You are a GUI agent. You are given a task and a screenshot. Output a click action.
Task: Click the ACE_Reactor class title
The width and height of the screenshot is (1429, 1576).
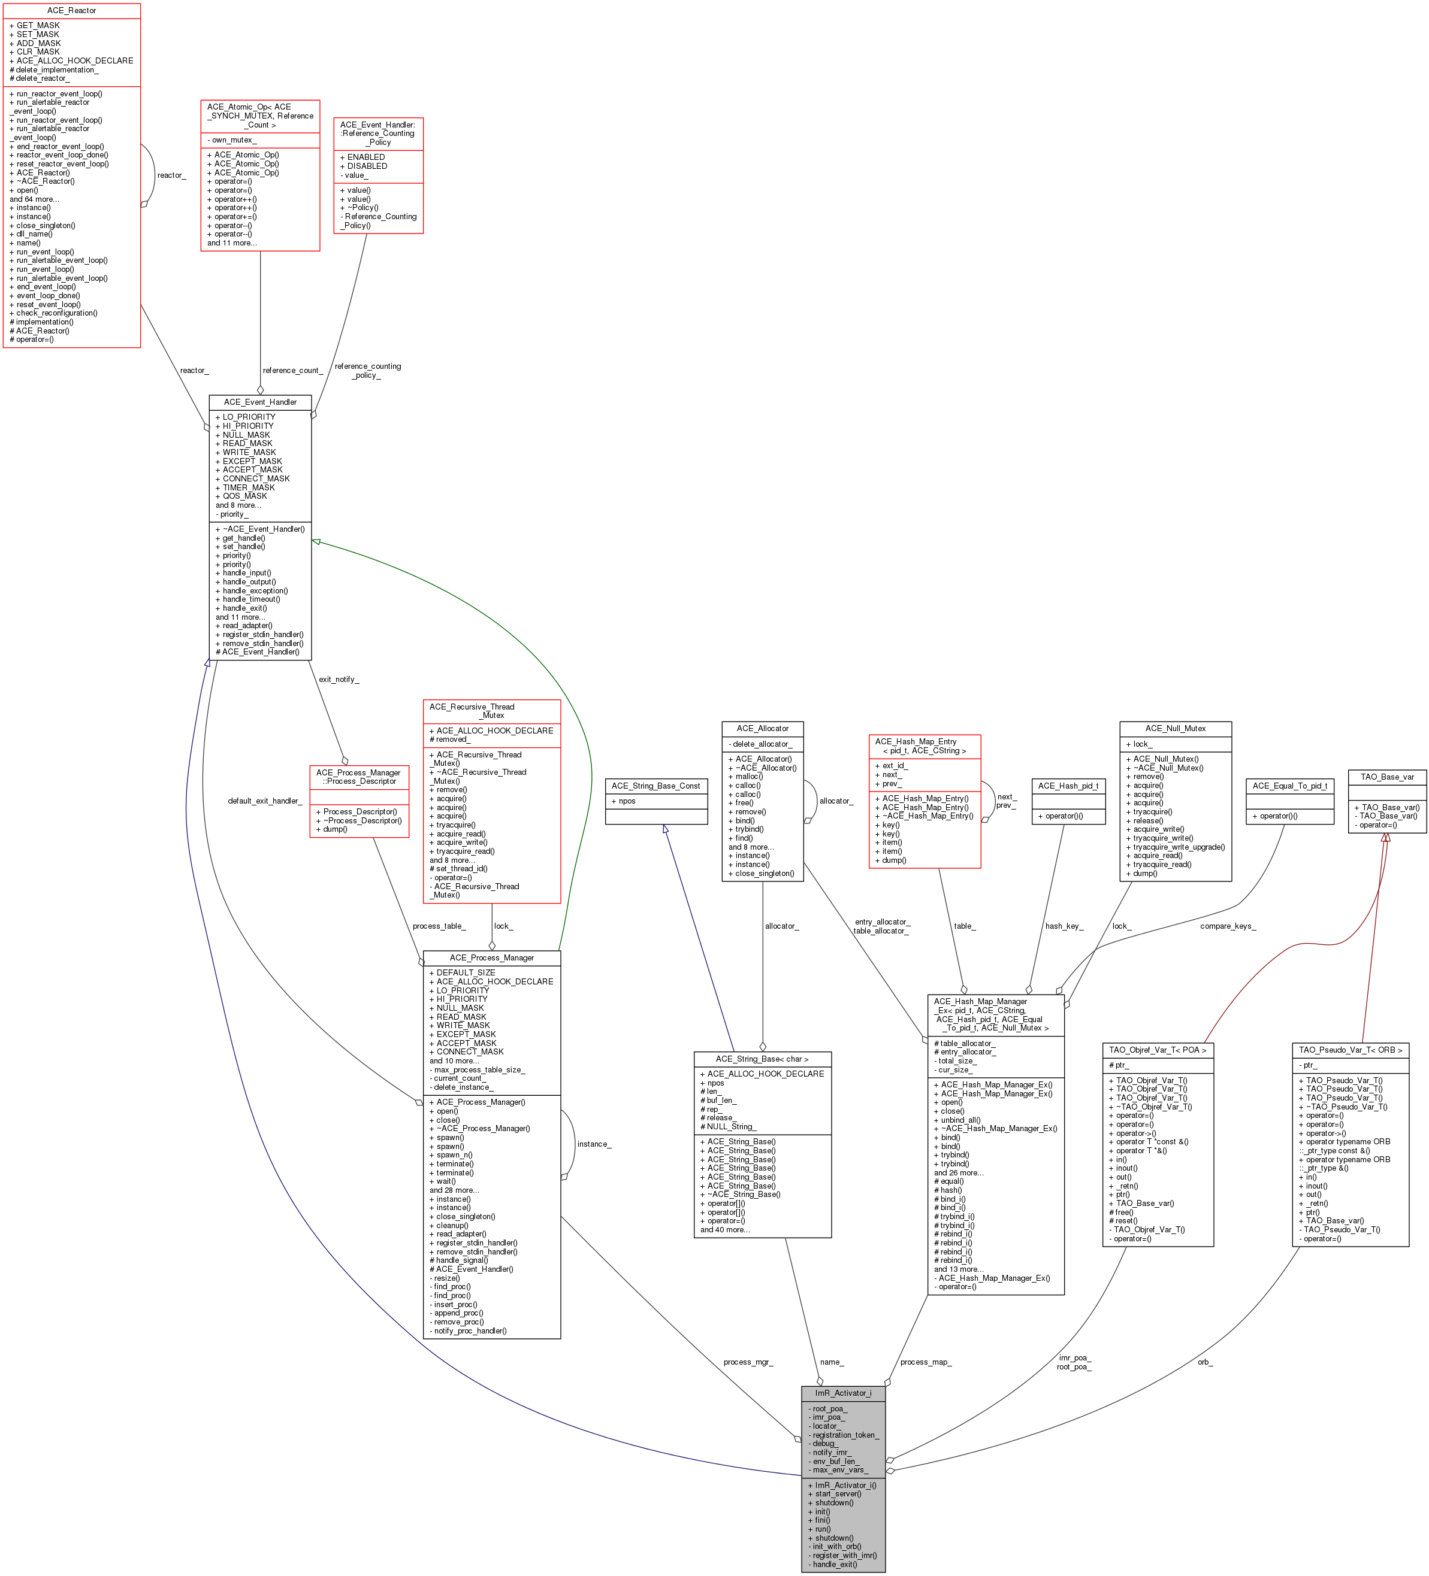(x=71, y=10)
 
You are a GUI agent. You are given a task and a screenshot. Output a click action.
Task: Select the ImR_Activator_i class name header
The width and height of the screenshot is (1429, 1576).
(x=843, y=1393)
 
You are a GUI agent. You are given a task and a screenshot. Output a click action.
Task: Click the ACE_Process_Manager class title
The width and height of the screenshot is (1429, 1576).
(x=491, y=957)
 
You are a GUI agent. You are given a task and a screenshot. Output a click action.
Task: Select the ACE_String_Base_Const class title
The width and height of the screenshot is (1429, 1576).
(x=655, y=786)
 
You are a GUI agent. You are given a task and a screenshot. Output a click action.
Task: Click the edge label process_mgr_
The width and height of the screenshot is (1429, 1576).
(x=748, y=1362)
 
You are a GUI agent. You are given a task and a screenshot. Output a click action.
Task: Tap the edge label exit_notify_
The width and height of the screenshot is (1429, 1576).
(x=339, y=680)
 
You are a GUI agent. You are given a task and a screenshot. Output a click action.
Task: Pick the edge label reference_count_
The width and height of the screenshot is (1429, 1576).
(x=292, y=371)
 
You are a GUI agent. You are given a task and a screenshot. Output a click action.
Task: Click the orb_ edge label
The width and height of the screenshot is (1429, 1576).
(x=1204, y=1362)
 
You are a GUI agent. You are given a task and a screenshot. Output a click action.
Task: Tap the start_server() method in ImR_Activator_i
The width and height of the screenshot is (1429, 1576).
(x=838, y=1494)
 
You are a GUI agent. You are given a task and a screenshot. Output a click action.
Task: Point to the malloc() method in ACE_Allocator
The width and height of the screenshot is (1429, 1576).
(x=748, y=776)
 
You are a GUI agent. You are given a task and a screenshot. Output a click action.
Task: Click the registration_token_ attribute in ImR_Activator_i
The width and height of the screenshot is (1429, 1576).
(x=845, y=1435)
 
